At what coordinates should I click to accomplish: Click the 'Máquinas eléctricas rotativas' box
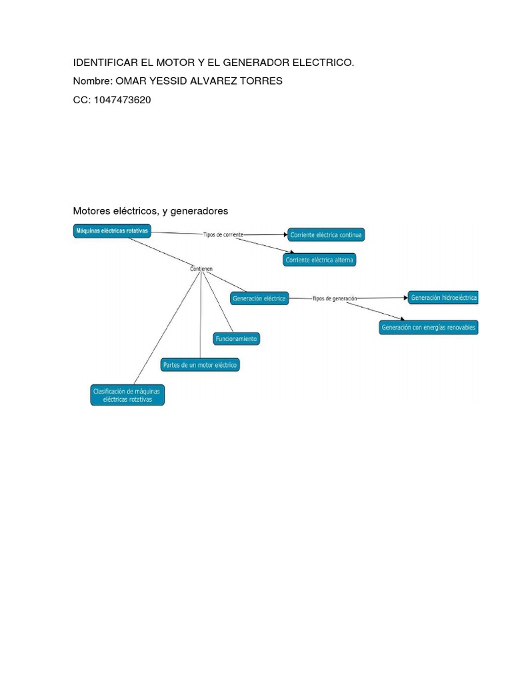coord(112,231)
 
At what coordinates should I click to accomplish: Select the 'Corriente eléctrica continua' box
coord(326,235)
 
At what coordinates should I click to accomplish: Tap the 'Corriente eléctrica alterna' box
coord(319,260)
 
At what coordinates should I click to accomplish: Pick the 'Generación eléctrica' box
coord(259,298)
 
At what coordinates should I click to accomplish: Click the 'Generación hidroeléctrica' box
coord(443,298)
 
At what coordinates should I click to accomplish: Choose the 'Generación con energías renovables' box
coord(429,328)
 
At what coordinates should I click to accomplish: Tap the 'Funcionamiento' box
coord(237,339)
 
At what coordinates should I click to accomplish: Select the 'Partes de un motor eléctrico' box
coord(200,365)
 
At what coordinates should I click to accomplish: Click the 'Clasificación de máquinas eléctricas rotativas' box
coord(127,395)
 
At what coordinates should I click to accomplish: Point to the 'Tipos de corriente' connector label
coord(223,234)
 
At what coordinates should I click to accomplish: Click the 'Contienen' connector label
coord(201,269)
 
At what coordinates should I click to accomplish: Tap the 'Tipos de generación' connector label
coord(335,298)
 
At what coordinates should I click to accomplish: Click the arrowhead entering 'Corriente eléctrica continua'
coord(285,235)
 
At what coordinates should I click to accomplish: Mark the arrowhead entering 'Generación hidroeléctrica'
coord(406,298)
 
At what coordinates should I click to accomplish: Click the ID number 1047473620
coord(123,100)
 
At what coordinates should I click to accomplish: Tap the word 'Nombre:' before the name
coord(93,81)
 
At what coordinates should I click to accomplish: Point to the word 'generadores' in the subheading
coord(199,211)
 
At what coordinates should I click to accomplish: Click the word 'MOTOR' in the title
coord(175,63)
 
